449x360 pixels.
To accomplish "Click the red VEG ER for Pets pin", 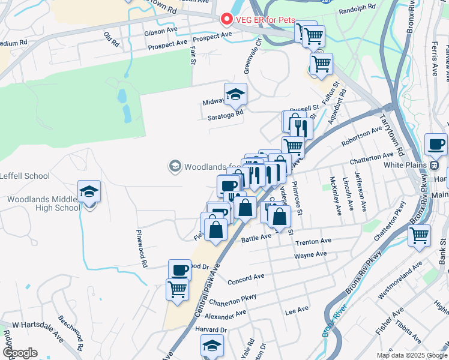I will tap(227, 19).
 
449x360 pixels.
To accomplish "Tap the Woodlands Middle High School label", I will tap(43, 203).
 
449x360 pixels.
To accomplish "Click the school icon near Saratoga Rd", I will tap(235, 94).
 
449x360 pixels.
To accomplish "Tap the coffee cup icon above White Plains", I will tap(435, 144).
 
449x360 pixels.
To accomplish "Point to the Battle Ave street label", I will tap(256, 237).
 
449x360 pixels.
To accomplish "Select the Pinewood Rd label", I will tap(142, 248).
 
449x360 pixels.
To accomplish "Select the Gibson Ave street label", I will tap(160, 30).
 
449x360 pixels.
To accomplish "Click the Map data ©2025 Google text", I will tap(411, 355).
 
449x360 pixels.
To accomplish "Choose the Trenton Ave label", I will tap(313, 241).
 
